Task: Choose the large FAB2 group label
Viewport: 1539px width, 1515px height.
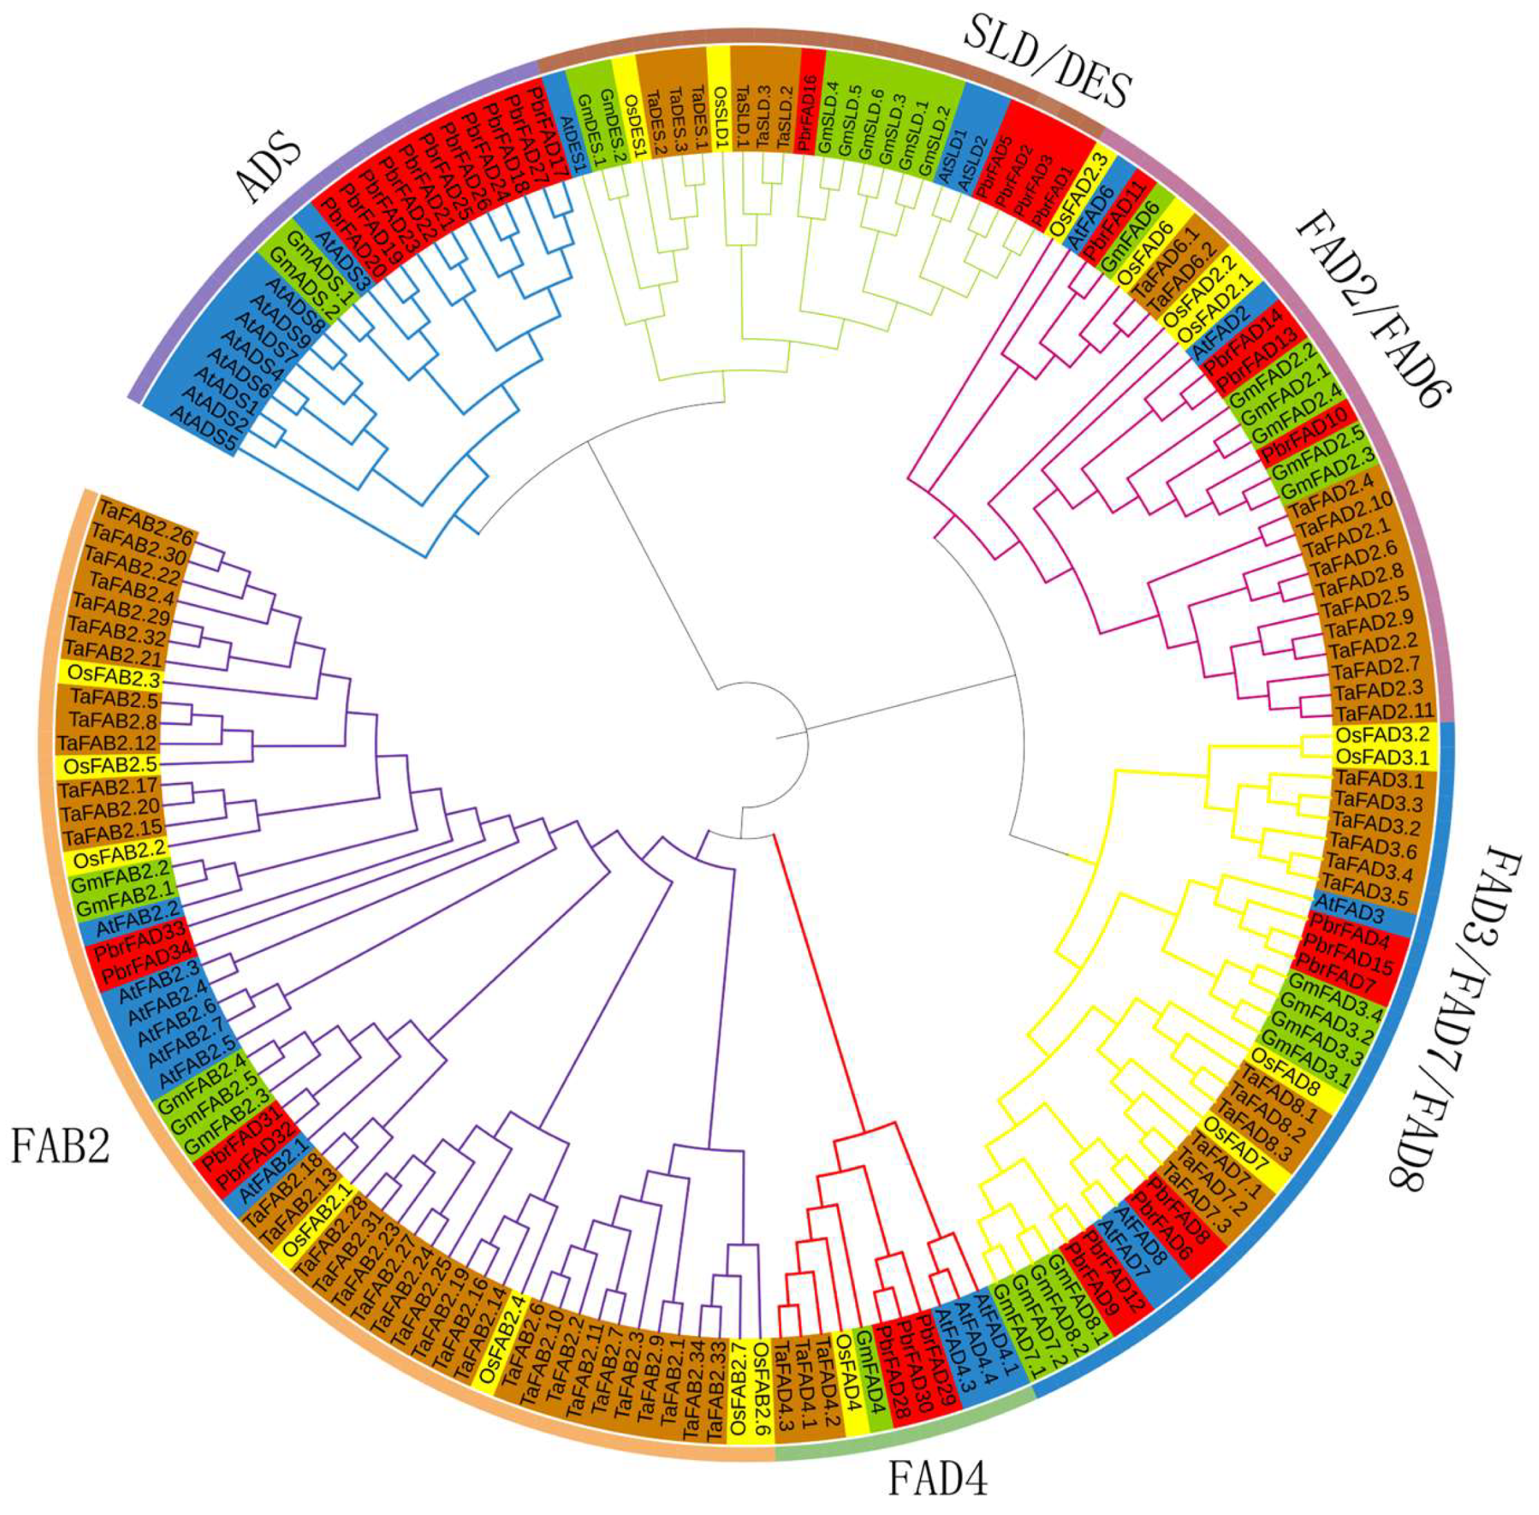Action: pos(59,1147)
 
